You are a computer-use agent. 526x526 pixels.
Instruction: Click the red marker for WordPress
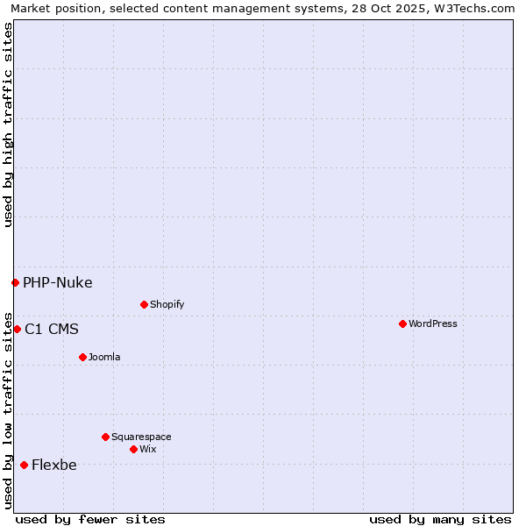point(402,323)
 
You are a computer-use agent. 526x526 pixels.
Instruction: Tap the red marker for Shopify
point(144,304)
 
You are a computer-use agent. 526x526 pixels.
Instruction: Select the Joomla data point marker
point(82,357)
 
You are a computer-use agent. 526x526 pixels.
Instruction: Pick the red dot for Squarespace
point(105,437)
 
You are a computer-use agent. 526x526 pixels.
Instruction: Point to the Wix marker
point(133,449)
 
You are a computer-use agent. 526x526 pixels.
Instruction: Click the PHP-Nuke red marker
point(15,282)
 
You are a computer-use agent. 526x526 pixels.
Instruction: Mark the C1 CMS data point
point(17,329)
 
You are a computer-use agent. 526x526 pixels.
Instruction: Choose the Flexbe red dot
point(24,465)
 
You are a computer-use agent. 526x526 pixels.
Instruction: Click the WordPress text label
point(433,323)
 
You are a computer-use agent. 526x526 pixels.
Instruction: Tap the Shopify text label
point(167,304)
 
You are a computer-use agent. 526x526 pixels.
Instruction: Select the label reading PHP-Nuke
point(58,282)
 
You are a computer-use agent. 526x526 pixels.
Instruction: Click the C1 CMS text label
point(52,329)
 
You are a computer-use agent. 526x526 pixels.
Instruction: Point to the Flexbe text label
point(54,465)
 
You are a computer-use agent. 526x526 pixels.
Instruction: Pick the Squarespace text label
point(141,437)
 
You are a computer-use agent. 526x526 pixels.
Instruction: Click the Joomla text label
point(104,357)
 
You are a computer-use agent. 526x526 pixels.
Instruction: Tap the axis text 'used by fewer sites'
point(90,519)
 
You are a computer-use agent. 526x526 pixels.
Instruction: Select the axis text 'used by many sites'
point(440,519)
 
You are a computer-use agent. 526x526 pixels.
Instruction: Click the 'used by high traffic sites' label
point(8,124)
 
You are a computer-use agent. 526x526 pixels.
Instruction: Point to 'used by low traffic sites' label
point(8,410)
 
